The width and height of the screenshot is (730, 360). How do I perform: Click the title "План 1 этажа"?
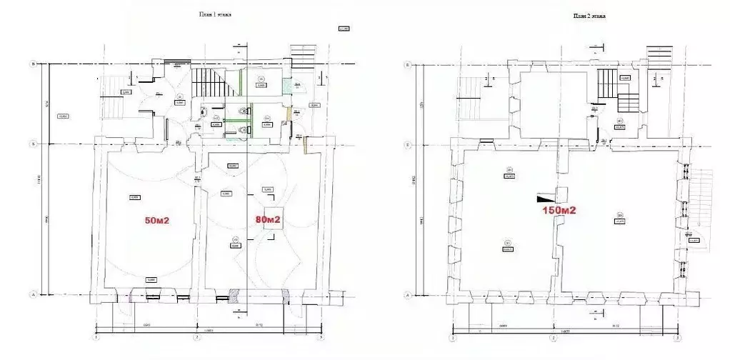click(x=216, y=14)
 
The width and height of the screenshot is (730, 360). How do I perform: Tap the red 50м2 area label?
click(x=156, y=221)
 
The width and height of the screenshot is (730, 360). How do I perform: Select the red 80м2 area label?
click(x=266, y=219)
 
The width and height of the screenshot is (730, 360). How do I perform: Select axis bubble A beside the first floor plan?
click(x=33, y=294)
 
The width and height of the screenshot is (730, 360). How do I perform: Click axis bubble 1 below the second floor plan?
click(x=451, y=337)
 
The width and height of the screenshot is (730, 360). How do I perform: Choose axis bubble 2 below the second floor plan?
click(x=552, y=337)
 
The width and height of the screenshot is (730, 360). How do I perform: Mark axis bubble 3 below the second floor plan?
click(x=676, y=337)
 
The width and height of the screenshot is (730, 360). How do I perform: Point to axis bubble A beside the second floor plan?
click(x=407, y=294)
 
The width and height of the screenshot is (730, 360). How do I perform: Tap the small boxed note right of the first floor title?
click(x=343, y=29)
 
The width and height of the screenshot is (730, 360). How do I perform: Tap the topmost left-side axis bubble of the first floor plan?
click(x=33, y=64)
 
